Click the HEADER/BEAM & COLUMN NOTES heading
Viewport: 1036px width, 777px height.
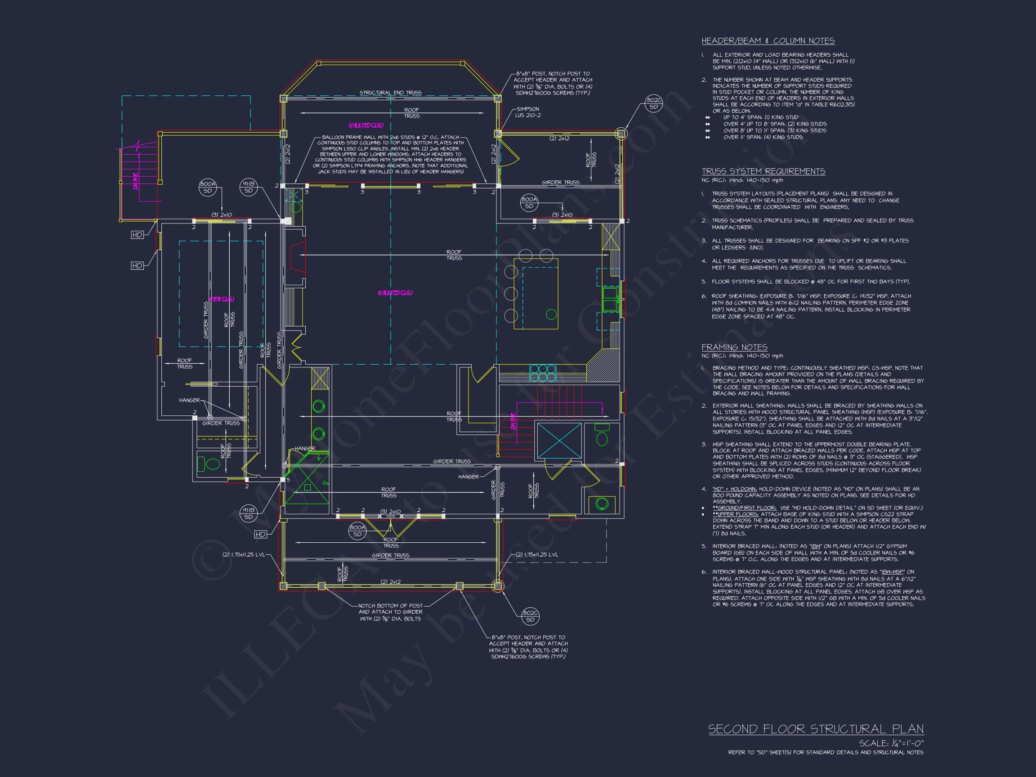768,41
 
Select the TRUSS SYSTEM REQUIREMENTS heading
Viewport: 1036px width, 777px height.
763,171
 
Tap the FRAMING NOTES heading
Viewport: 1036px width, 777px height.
734,347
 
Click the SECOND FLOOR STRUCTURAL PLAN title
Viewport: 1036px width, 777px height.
815,729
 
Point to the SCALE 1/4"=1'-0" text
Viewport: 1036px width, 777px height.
891,743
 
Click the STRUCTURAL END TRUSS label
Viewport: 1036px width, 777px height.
390,93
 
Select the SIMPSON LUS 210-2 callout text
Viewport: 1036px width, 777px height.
527,112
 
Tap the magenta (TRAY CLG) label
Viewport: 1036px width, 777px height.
221,299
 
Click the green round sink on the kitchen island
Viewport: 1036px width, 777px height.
551,314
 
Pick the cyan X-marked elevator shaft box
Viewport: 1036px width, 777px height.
559,441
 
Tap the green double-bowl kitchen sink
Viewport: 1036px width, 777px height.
610,299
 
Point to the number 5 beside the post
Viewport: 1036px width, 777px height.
288,480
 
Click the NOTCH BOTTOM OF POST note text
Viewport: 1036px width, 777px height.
390,612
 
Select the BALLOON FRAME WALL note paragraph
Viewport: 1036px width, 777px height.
390,155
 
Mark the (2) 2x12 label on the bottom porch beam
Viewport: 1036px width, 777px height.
390,582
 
